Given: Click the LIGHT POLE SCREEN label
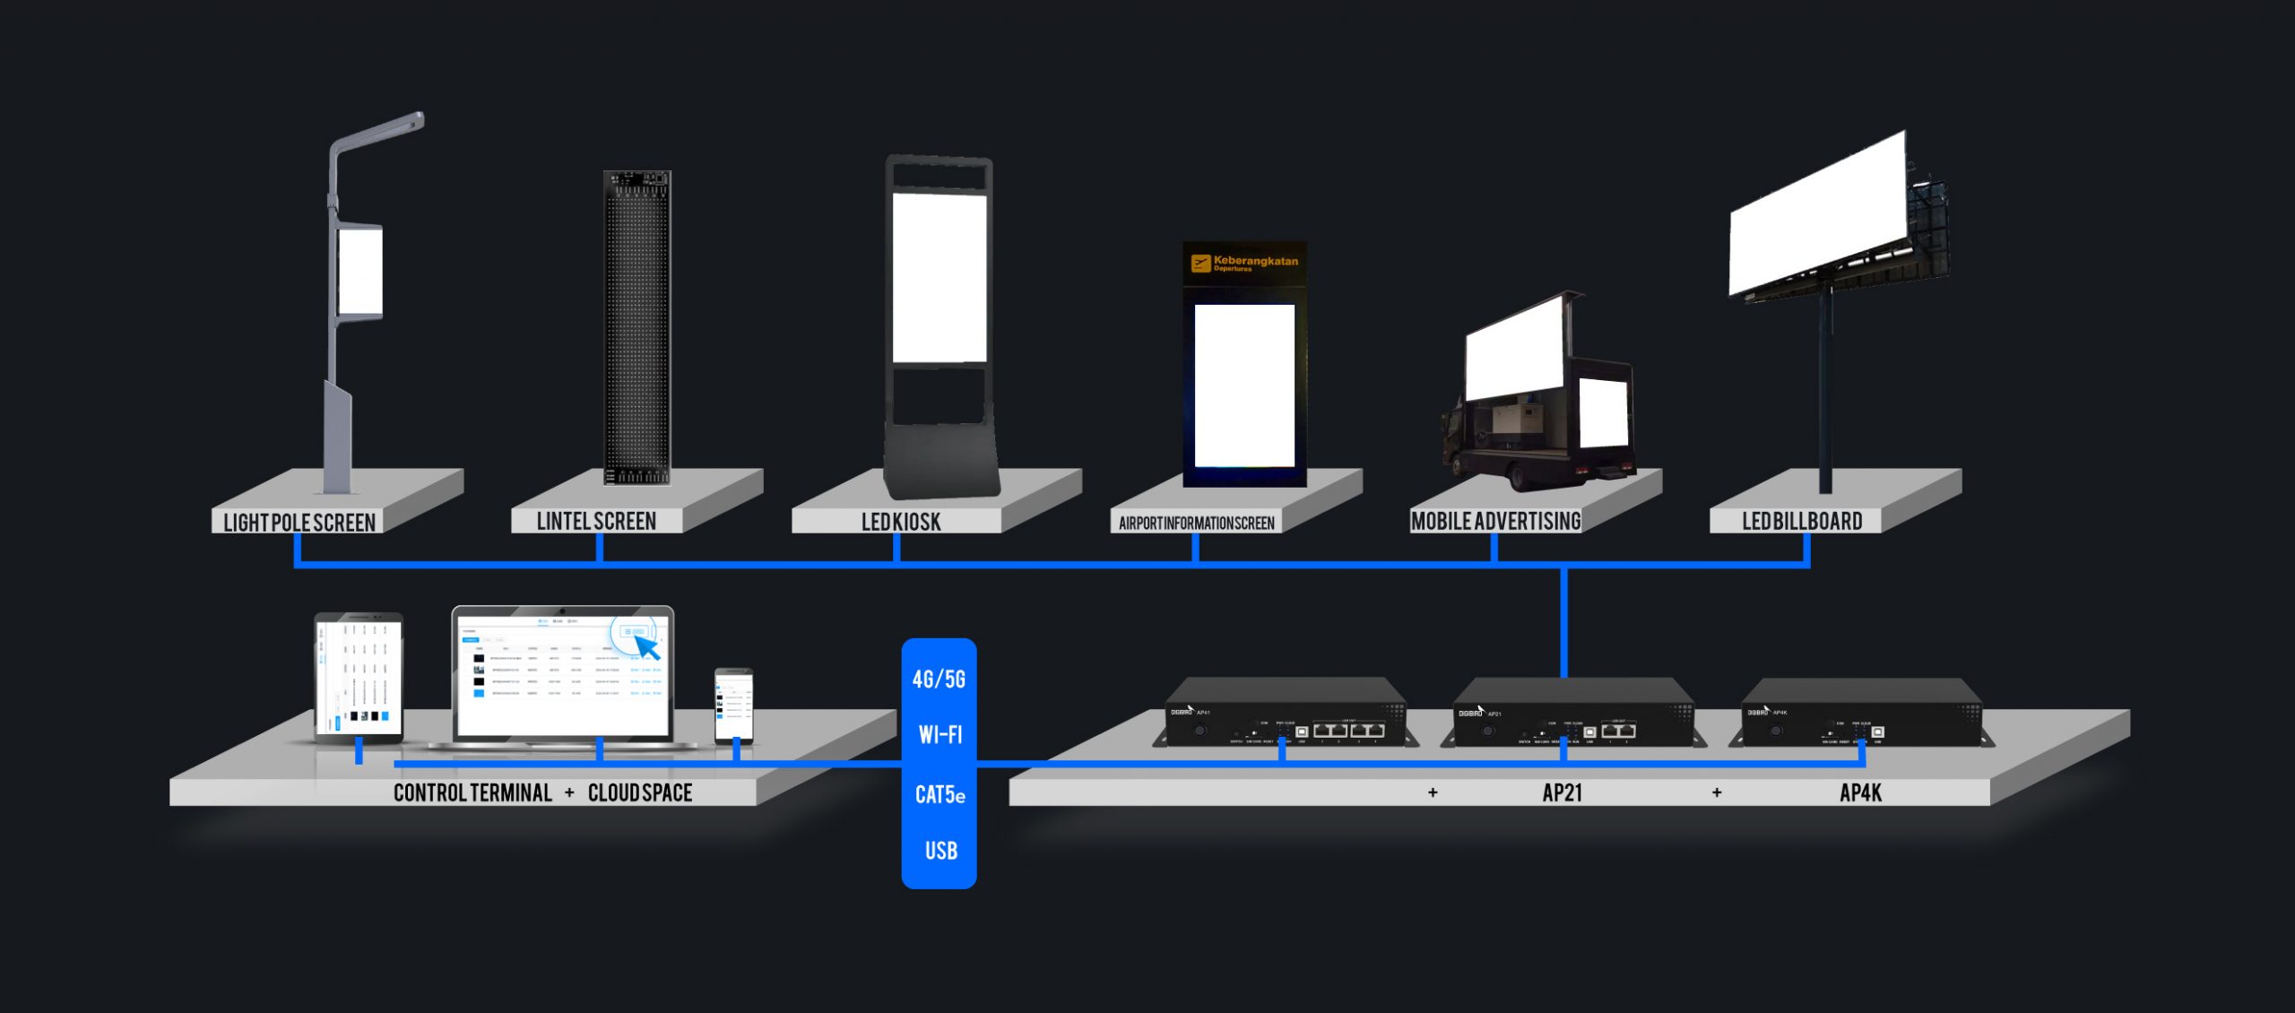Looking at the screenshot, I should click(x=299, y=522).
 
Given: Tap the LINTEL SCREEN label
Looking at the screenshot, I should click(x=596, y=521).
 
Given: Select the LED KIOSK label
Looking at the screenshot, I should click(x=901, y=522).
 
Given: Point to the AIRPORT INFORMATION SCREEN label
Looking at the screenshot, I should click(x=1196, y=523).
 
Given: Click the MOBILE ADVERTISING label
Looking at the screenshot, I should click(x=1495, y=521).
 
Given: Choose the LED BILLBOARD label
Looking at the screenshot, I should click(x=1802, y=521).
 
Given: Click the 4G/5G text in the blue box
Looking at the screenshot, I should click(x=939, y=679).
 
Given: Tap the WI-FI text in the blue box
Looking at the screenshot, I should click(x=940, y=735).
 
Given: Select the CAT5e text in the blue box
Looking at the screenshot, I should click(x=940, y=794).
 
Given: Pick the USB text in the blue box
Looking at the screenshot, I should click(x=940, y=851).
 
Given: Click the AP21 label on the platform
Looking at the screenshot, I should click(x=1562, y=792).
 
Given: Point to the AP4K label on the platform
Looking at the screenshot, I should click(x=1860, y=792).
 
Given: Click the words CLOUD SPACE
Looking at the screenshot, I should click(x=640, y=792).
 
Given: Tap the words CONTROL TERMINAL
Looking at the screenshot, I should click(x=472, y=792).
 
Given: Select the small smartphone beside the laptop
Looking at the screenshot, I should click(x=733, y=705).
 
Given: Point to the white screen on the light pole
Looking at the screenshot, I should click(x=360, y=271).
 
